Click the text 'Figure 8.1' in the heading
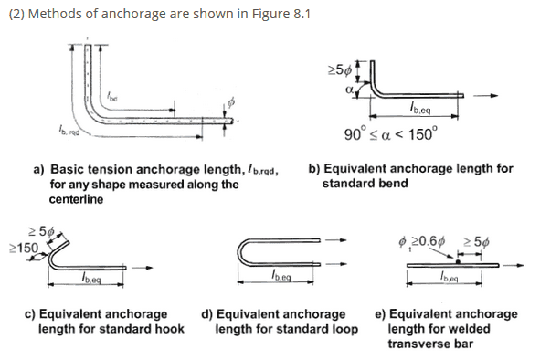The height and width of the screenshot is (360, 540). [x=281, y=14]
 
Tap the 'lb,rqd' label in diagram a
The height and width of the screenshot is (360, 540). [x=69, y=131]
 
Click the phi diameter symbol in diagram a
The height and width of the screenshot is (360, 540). [x=231, y=102]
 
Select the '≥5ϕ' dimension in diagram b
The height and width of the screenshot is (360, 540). [x=340, y=70]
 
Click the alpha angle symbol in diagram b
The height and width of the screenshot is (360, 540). [x=349, y=90]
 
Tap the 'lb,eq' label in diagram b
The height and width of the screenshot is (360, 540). [x=419, y=109]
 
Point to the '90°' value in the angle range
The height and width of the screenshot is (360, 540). [x=355, y=134]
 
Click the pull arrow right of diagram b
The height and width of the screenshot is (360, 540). [x=485, y=95]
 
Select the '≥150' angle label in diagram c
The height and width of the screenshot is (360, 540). [x=24, y=248]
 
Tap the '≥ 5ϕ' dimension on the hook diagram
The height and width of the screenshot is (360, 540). [x=41, y=231]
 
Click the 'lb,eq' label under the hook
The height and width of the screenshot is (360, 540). [x=91, y=278]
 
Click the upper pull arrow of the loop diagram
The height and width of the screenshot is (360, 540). [x=335, y=240]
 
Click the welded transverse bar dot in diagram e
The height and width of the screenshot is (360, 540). [x=458, y=262]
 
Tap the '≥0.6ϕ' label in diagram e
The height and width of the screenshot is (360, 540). [x=429, y=241]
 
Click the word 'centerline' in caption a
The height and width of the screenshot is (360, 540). [x=76, y=199]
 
